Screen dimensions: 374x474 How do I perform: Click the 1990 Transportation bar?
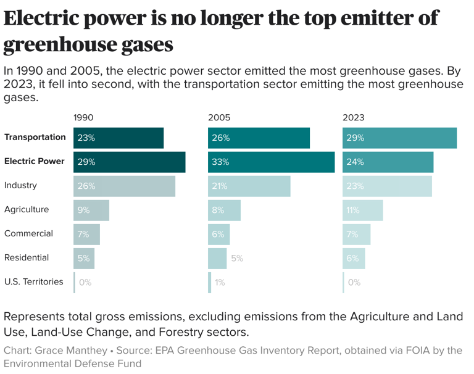pyautogui.click(x=118, y=138)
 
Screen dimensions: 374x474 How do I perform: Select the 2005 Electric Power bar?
pyautogui.click(x=271, y=162)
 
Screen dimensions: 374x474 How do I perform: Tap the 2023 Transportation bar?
pyautogui.click(x=399, y=138)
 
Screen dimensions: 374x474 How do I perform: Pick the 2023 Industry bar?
pyautogui.click(x=387, y=186)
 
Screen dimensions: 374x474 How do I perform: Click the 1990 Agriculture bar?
pyautogui.click(x=91, y=210)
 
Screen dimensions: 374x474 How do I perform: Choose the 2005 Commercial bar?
pyautogui.click(x=219, y=234)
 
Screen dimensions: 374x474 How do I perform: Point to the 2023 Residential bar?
pyautogui.click(x=354, y=258)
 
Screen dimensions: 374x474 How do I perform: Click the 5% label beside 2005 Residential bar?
pyautogui.click(x=237, y=258)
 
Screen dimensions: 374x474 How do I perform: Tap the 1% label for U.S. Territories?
pyautogui.click(x=220, y=282)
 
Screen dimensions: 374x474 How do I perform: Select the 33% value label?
pyautogui.click(x=220, y=162)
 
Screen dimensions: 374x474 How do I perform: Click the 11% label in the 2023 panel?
pyautogui.click(x=353, y=210)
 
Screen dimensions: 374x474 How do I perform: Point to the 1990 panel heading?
pyautogui.click(x=83, y=117)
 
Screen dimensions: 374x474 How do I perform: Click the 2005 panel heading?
pyautogui.click(x=219, y=117)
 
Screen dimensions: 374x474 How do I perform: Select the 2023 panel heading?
pyautogui.click(x=354, y=117)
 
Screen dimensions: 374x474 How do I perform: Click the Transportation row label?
pyautogui.click(x=35, y=137)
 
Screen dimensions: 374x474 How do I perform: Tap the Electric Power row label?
pyautogui.click(x=35, y=161)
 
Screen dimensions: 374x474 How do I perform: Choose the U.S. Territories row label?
pyautogui.click(x=33, y=281)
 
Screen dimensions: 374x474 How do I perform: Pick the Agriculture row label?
pyautogui.click(x=26, y=209)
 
